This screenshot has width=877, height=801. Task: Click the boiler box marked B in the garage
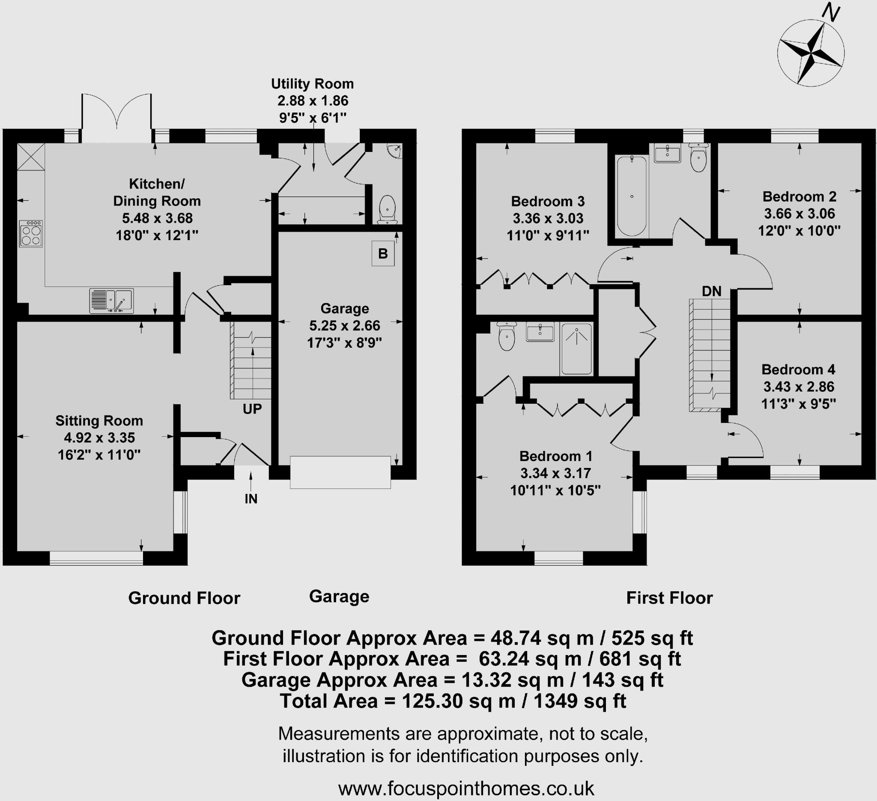(383, 253)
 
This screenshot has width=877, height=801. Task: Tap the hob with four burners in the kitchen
(31, 234)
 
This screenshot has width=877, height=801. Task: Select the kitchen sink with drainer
(111, 300)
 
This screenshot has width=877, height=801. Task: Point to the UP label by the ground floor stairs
(252, 409)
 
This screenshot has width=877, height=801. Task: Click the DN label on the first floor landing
(712, 292)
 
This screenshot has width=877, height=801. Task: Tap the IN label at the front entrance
(251, 499)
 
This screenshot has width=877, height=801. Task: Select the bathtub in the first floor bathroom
(632, 196)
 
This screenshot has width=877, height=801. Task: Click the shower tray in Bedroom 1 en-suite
(576, 349)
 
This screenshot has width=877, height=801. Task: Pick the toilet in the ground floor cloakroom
(387, 209)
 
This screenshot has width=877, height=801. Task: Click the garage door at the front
(340, 472)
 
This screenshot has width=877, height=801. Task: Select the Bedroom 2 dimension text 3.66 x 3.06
(799, 214)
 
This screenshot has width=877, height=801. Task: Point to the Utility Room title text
(312, 83)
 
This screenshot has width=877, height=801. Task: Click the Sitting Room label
(99, 420)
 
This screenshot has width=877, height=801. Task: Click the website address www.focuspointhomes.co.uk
(466, 788)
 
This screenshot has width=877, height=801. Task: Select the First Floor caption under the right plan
(669, 598)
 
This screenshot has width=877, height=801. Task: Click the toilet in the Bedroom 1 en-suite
(507, 337)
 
